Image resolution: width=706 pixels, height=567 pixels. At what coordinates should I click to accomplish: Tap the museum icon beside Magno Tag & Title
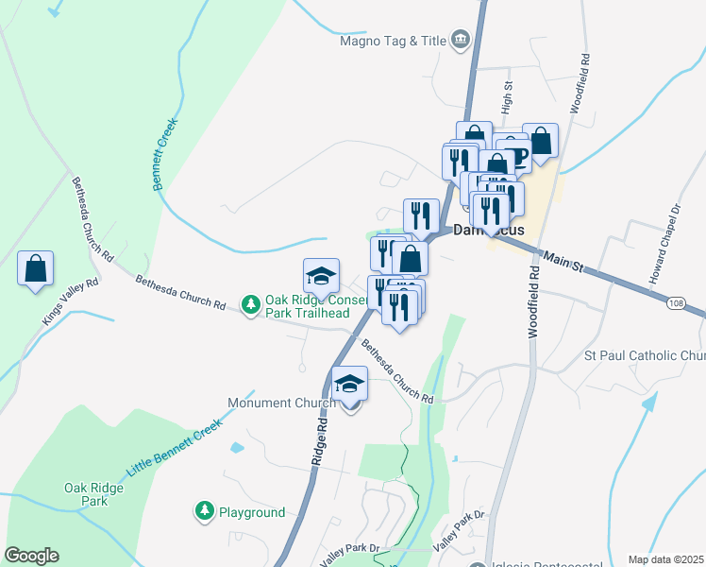click(x=461, y=40)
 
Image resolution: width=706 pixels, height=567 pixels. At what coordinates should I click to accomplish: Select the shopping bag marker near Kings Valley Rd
click(x=35, y=268)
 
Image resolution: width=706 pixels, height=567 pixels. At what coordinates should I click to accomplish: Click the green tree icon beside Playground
click(x=204, y=512)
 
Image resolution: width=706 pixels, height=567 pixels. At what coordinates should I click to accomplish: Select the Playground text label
click(x=252, y=512)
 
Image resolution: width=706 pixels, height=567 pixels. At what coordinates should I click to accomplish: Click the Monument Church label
click(x=281, y=403)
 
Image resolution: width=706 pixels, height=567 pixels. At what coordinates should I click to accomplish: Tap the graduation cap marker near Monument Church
click(x=350, y=386)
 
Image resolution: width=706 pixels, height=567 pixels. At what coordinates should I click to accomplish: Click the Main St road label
click(x=563, y=262)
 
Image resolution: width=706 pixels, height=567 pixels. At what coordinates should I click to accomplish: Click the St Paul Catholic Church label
click(x=645, y=356)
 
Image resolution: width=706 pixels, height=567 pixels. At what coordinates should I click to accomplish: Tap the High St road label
click(x=508, y=95)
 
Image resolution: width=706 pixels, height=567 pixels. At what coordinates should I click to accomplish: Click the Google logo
click(x=31, y=556)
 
